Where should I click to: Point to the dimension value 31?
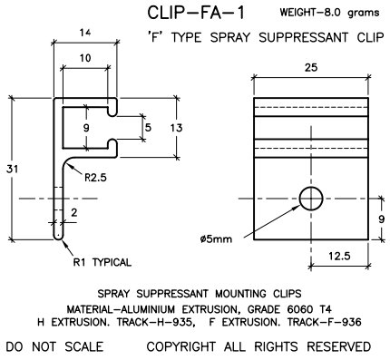(10, 170)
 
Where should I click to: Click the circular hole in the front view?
(310, 199)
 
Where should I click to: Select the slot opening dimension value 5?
(150, 128)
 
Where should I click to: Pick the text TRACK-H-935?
(175, 321)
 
